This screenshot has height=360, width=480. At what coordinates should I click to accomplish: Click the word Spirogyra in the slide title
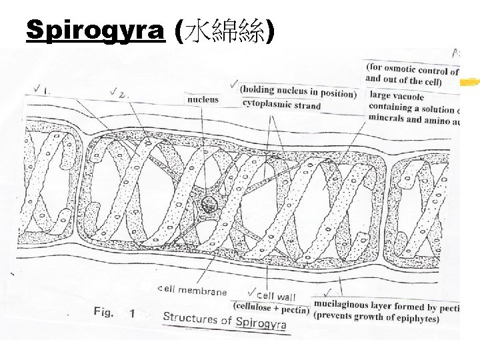click(x=95, y=31)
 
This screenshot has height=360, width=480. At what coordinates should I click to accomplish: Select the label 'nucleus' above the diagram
click(x=203, y=100)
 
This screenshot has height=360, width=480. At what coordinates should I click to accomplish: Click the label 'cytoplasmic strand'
click(x=281, y=105)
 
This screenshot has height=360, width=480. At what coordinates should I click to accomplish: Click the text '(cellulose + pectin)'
click(x=271, y=308)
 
